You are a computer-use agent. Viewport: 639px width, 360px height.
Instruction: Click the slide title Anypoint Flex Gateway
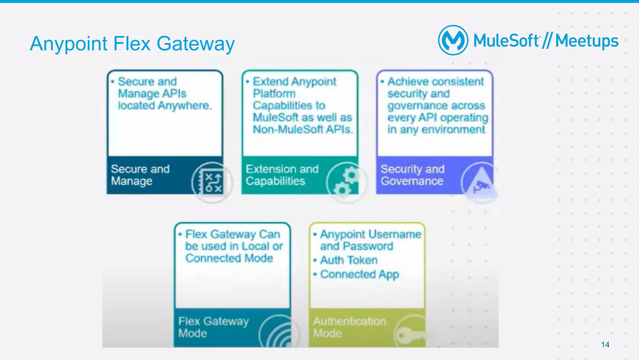(132, 43)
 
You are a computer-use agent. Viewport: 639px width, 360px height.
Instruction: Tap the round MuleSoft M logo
(453, 40)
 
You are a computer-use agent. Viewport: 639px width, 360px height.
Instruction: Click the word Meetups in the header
(587, 41)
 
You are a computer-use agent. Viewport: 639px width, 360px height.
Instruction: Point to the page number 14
(605, 345)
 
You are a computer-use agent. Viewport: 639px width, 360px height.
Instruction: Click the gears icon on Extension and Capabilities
(346, 182)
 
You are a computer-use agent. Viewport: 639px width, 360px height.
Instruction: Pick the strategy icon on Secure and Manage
(212, 182)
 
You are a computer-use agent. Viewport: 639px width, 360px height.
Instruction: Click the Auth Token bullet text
(349, 260)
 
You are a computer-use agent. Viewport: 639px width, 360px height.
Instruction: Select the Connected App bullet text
(359, 274)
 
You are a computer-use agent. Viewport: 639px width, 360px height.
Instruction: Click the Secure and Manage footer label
(140, 175)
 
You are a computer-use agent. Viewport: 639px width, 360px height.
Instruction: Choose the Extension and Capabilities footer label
(282, 175)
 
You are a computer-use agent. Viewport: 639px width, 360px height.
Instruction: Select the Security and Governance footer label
(412, 175)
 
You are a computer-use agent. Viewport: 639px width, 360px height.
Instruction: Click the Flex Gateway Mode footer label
(213, 327)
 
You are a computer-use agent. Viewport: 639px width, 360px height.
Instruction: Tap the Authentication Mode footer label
(349, 327)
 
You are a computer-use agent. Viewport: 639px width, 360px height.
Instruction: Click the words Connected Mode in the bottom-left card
(229, 258)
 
